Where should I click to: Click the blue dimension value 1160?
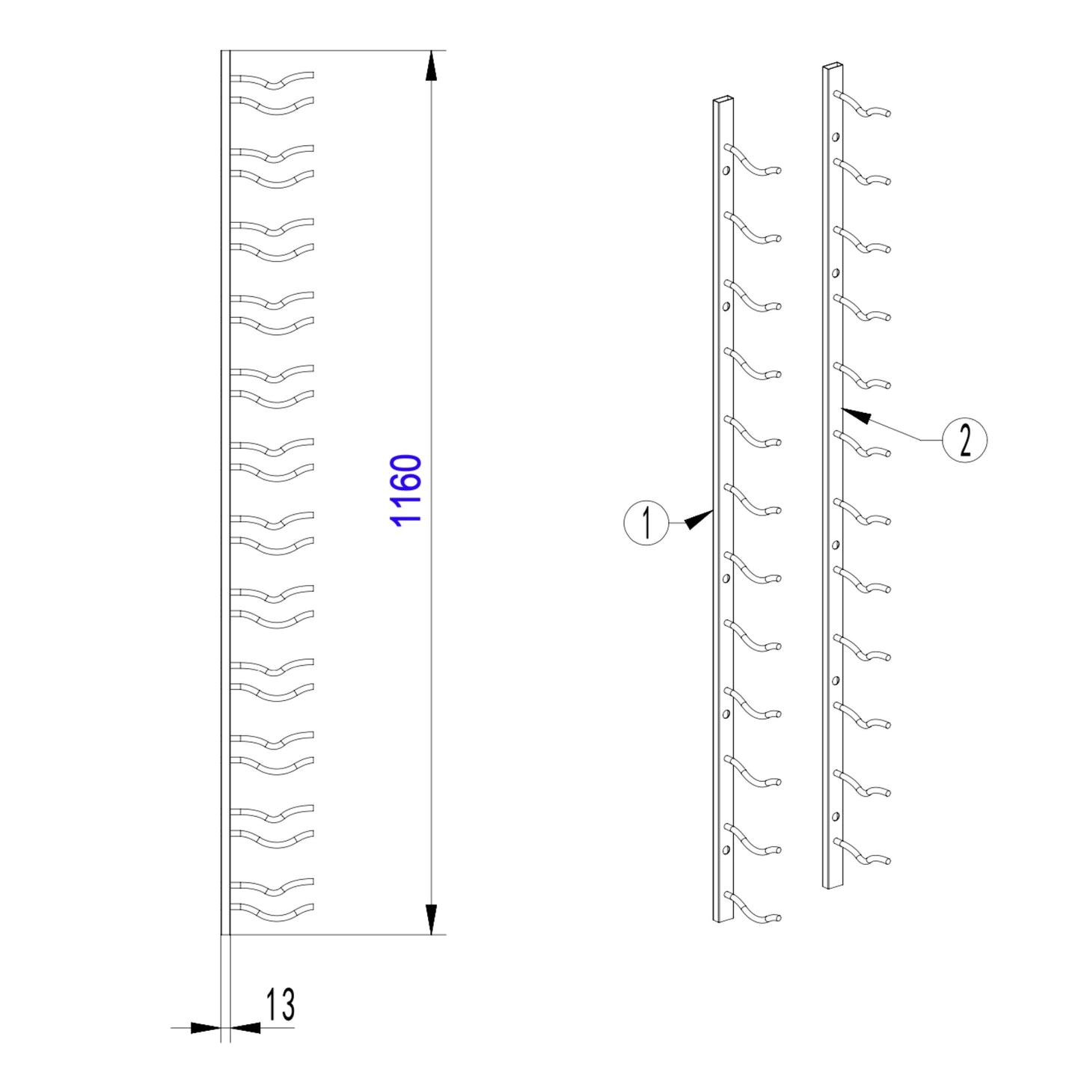click(x=407, y=490)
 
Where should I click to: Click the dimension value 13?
click(x=280, y=1005)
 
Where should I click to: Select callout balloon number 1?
click(x=646, y=523)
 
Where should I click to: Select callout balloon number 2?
click(x=964, y=440)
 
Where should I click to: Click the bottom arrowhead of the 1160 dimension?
click(x=431, y=919)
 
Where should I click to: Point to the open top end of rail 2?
click(x=833, y=65)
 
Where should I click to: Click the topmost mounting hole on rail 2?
click(x=836, y=136)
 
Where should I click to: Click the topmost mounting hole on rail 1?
click(x=726, y=171)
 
